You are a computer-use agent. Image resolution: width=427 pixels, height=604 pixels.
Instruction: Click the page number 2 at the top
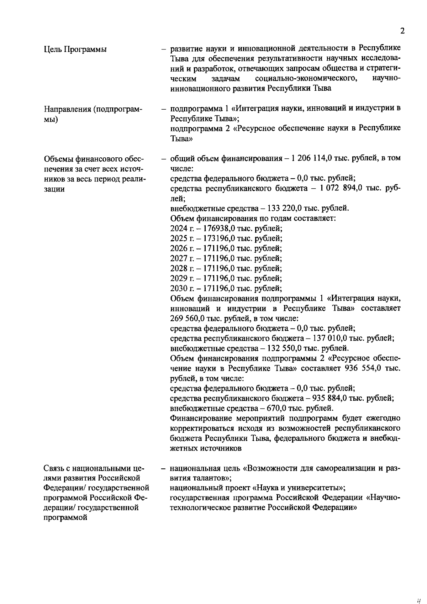tap(402, 31)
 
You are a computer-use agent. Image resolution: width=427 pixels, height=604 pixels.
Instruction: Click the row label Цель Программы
tap(75, 49)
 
